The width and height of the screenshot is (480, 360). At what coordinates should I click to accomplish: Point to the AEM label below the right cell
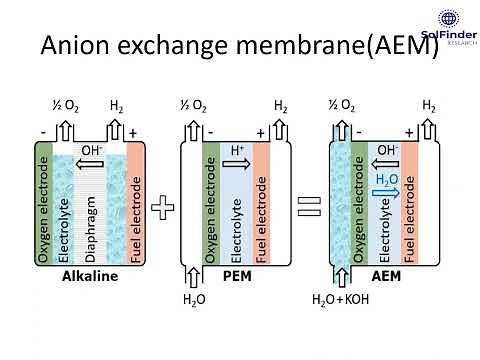386,277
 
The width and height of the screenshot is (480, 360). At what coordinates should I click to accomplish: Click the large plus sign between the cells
163,208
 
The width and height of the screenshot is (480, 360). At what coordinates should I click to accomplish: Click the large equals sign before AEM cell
309,208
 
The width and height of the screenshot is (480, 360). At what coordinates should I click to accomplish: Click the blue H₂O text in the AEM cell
386,180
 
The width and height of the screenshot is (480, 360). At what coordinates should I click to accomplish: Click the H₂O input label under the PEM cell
192,327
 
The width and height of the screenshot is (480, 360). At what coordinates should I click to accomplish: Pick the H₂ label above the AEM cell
428,105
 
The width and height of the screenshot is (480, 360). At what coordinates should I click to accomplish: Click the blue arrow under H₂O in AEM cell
386,195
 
